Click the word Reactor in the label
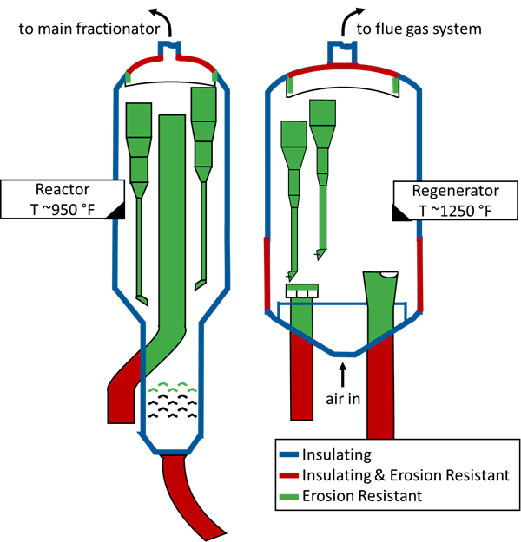[x=62, y=190]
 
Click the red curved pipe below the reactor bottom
[x=193, y=494]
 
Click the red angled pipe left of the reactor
[x=126, y=386]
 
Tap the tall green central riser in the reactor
[x=172, y=217]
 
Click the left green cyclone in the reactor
[x=140, y=139]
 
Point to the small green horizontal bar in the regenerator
[x=302, y=287]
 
